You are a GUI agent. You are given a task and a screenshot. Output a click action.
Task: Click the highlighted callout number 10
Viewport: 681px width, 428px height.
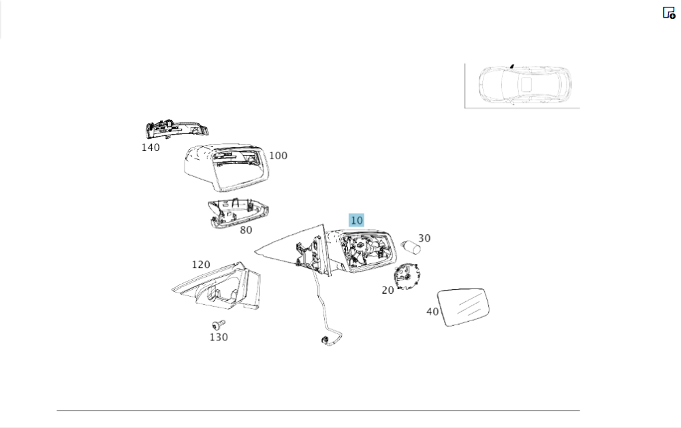(x=356, y=220)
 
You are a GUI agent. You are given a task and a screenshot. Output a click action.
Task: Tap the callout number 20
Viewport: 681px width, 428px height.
(x=387, y=291)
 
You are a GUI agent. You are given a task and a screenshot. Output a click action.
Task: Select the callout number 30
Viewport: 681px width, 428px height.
(x=424, y=239)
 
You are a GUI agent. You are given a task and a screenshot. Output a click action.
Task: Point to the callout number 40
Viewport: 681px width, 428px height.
(x=432, y=312)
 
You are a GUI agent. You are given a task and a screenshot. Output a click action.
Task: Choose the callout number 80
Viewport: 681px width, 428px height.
(x=245, y=230)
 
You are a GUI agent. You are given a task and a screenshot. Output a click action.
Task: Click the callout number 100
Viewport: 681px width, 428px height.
(x=278, y=156)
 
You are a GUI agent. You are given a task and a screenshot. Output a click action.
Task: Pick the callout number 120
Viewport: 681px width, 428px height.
(x=200, y=265)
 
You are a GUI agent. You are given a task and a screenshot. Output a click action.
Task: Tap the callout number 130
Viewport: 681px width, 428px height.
(x=219, y=337)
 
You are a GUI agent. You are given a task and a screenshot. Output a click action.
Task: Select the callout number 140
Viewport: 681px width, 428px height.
(x=151, y=147)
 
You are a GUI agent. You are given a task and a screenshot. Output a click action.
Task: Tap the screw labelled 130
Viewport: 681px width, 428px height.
(x=219, y=325)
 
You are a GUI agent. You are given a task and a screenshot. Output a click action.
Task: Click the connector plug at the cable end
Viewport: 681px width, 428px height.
(x=324, y=340)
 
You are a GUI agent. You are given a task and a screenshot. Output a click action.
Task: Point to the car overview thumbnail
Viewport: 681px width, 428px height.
(x=522, y=86)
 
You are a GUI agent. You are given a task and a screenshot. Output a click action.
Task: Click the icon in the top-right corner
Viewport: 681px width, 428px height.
(x=669, y=13)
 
